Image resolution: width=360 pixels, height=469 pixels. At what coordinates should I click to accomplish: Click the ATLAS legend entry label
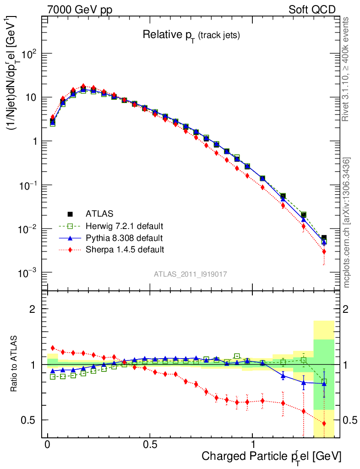pos(99,213)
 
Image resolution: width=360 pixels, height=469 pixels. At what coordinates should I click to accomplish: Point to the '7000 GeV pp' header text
pos(80,10)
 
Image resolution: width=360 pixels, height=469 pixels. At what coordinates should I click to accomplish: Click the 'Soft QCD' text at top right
pos(312,10)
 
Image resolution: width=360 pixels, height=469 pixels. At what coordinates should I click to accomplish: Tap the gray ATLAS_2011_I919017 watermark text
pos(191,274)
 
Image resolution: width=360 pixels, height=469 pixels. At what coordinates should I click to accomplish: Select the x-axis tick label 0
pos(48,445)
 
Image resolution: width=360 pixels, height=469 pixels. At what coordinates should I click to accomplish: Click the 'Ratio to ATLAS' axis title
pos(14,364)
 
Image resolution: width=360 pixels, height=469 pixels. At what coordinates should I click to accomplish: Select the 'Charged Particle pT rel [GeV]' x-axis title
pos(272,456)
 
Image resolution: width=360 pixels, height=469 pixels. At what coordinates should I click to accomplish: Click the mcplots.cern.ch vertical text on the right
pos(347,223)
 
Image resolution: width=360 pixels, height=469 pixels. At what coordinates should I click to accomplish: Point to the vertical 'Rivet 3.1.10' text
pos(346,69)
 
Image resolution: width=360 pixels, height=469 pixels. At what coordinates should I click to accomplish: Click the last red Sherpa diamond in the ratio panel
pos(324,424)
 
